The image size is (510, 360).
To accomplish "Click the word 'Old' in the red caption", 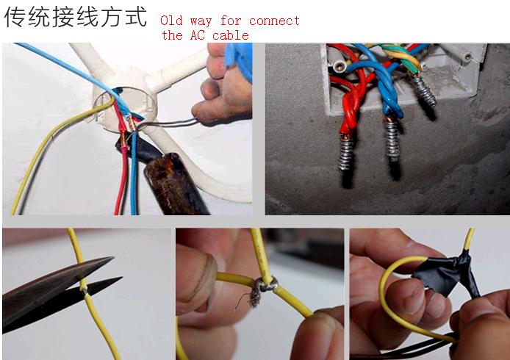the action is pos(171,21).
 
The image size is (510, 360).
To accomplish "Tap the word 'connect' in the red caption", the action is pos(274,21).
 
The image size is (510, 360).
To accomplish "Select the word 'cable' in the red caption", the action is pos(230,35).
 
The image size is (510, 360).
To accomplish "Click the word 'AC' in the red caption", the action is pos(197,35).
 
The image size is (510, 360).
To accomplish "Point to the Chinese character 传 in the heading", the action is pos(15,17).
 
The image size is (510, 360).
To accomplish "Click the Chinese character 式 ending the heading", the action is pos(135,17).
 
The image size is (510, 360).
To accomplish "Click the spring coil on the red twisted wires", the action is pos(346,153).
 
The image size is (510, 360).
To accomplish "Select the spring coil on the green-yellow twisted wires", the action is pos(425,91).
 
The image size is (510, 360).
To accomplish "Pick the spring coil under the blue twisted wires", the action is pos(392,139).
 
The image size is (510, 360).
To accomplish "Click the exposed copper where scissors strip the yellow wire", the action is pos(85,288).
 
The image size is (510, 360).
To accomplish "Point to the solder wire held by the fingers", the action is pos(168,123).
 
